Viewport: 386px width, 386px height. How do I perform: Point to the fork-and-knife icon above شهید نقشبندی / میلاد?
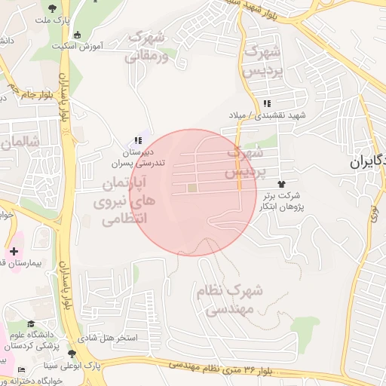(x=265, y=103)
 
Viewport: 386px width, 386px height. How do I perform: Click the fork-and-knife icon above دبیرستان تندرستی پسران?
(x=136, y=140)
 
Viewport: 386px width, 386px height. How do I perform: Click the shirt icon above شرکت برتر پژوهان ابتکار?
(x=282, y=184)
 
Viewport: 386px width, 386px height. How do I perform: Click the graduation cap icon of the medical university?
(x=31, y=324)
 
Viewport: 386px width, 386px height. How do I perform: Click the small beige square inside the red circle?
(x=191, y=188)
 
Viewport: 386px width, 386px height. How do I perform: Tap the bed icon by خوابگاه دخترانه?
(x=21, y=369)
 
